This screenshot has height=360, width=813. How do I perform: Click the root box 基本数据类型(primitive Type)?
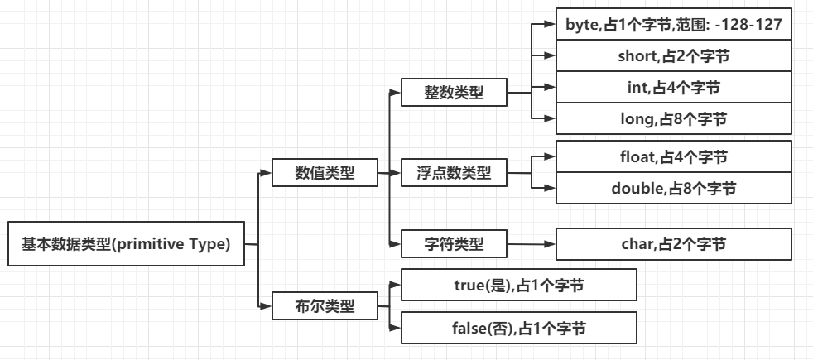(126, 243)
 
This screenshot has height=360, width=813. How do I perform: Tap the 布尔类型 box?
(325, 305)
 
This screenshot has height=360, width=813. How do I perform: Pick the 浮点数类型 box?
(453, 174)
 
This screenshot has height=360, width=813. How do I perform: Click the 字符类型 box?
(453, 243)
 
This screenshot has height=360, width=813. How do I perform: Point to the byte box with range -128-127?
(674, 25)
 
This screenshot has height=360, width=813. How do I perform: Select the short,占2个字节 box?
(674, 56)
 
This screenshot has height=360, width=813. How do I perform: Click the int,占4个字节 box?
(674, 87)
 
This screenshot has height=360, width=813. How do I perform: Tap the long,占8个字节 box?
(674, 119)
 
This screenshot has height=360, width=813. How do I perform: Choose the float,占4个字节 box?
(674, 156)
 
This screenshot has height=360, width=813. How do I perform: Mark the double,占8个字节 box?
(674, 188)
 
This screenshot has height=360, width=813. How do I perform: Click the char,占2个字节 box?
(674, 243)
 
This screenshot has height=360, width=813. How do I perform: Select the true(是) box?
(518, 285)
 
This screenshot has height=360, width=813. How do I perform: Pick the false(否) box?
(518, 328)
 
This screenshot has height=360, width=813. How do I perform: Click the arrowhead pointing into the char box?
(549, 244)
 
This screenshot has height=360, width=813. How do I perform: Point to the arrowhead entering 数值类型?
(266, 174)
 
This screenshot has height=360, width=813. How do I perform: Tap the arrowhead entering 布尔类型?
(266, 306)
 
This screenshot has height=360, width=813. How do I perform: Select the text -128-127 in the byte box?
(747, 25)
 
